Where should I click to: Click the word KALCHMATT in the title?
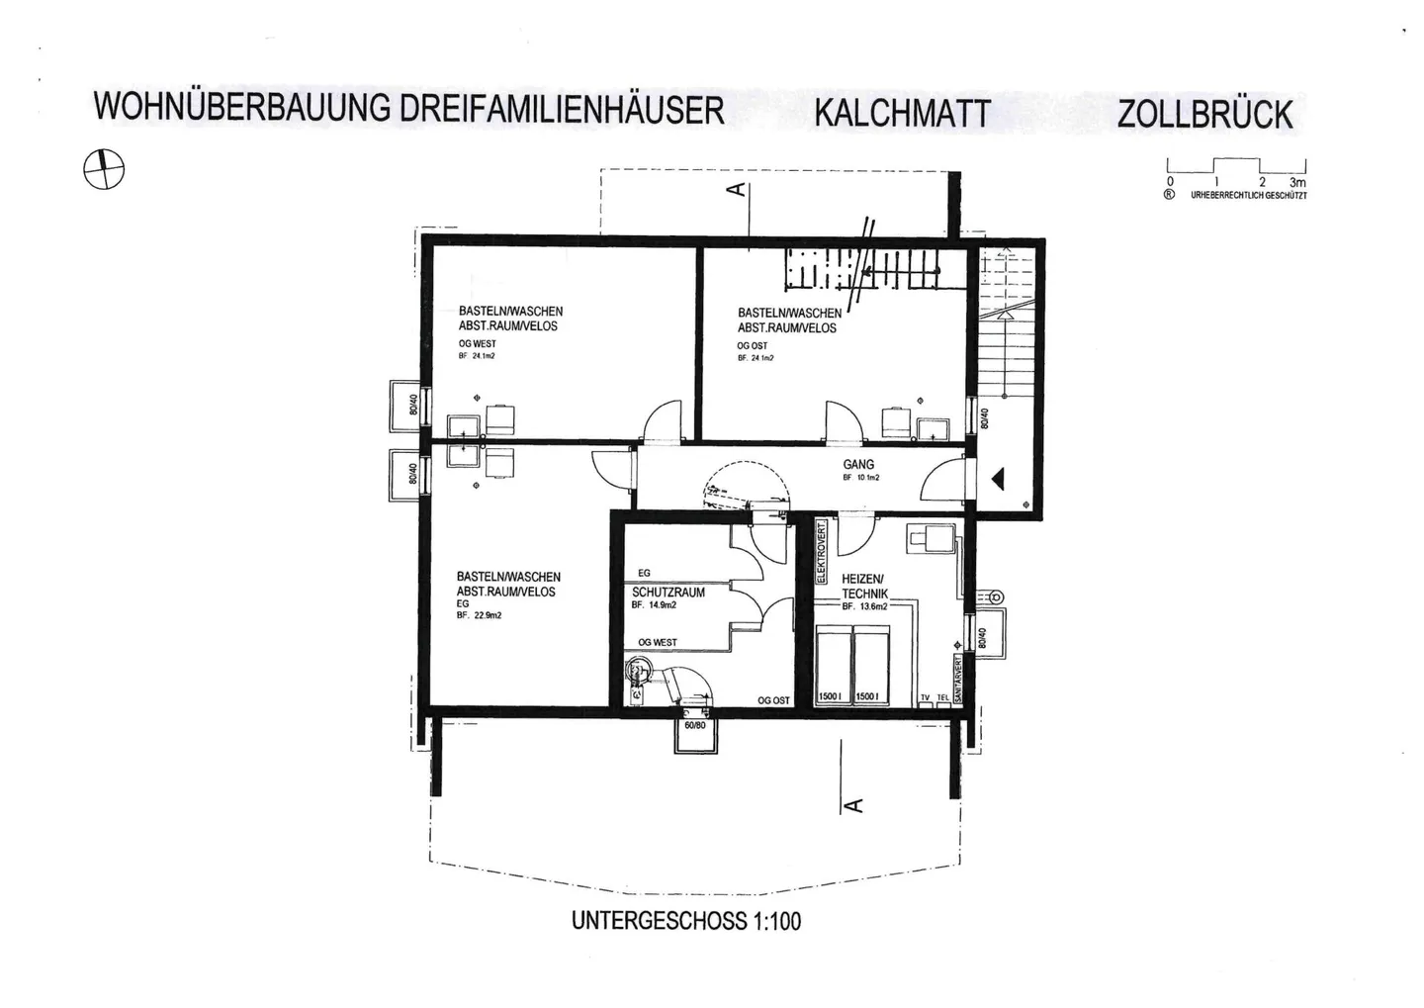901,113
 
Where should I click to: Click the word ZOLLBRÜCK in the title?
1204,114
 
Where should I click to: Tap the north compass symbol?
104,169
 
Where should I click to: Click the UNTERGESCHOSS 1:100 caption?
686,921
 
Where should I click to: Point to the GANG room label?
858,464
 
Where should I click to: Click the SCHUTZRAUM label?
668,592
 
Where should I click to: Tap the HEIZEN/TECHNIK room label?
864,586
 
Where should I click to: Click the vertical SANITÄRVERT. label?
957,679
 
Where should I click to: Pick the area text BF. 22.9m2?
480,615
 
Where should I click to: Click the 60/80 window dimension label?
695,725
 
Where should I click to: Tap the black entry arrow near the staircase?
997,480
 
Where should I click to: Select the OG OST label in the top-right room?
753,346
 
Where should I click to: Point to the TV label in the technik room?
926,697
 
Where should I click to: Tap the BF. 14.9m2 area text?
654,605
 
